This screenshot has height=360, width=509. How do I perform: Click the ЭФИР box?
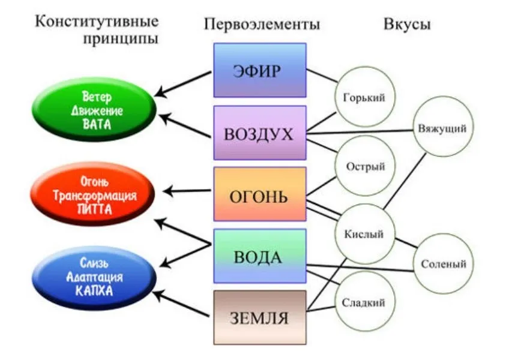pyautogui.click(x=259, y=70)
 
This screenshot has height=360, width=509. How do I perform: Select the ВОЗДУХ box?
pyautogui.click(x=259, y=133)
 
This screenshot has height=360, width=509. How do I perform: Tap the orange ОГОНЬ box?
pyautogui.click(x=259, y=194)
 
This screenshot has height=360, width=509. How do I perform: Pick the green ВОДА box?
pyautogui.click(x=259, y=256)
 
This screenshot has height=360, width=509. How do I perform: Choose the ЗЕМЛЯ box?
pyautogui.click(x=259, y=317)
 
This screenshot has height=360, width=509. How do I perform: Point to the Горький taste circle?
pyautogui.click(x=364, y=96)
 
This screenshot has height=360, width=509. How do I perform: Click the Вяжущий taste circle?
pyautogui.click(x=443, y=128)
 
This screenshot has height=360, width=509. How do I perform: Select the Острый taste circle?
pyautogui.click(x=364, y=166)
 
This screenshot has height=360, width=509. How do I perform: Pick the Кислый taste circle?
pyautogui.click(x=364, y=234)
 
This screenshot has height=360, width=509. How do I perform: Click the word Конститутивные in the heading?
pyautogui.click(x=97, y=22)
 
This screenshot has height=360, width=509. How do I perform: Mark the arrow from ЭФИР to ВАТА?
pyautogui.click(x=183, y=83)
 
